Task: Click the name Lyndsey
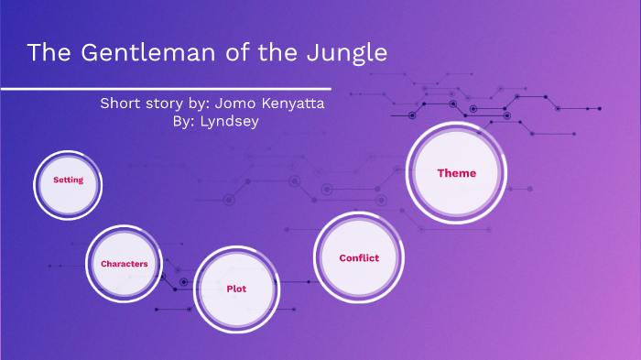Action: [234, 122]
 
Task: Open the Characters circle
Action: [124, 263]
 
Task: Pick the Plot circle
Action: [236, 289]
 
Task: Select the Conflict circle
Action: [359, 257]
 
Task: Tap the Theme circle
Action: [456, 172]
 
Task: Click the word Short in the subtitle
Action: [121, 104]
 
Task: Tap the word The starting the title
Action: [45, 53]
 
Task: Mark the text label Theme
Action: [456, 172]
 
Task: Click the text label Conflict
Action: [359, 257]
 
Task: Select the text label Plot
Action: [236, 289]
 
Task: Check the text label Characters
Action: [125, 264]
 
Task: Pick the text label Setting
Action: [68, 180]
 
